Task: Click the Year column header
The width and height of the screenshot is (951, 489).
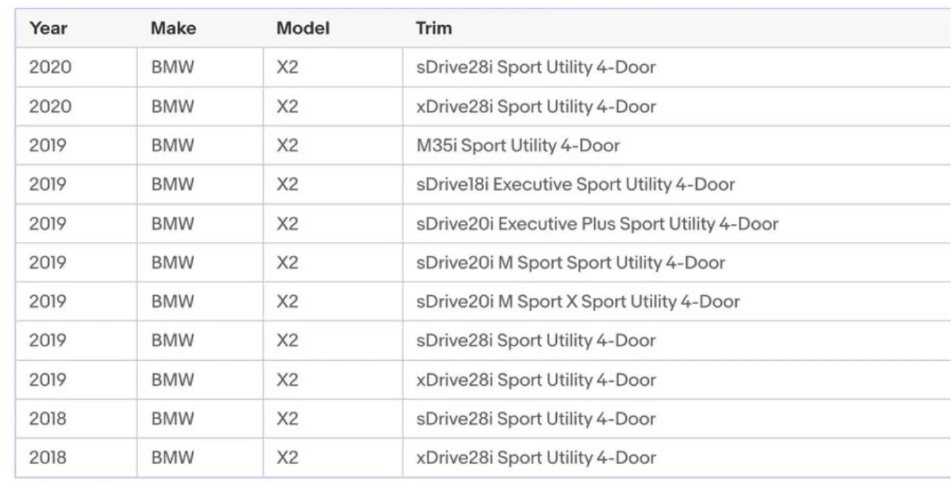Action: click(x=48, y=28)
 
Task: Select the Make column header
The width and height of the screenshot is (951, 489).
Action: click(x=174, y=28)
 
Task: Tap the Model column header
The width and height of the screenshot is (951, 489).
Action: click(x=303, y=28)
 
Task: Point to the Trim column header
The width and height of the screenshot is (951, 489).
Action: click(x=434, y=28)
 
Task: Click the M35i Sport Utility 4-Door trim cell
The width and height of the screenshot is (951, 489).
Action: click(x=518, y=145)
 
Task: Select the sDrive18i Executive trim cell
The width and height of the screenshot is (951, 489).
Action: click(x=576, y=184)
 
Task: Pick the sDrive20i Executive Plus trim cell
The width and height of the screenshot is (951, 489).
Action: click(x=597, y=224)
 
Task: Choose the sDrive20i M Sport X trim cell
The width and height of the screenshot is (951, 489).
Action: click(x=578, y=301)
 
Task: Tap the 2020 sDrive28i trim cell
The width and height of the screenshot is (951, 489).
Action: click(x=536, y=67)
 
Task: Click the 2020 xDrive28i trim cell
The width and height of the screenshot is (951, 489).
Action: click(x=536, y=106)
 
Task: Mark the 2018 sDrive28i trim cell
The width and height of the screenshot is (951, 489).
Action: click(x=536, y=419)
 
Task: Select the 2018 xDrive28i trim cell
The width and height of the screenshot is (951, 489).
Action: click(x=536, y=457)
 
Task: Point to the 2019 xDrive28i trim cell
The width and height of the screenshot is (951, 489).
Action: click(x=536, y=380)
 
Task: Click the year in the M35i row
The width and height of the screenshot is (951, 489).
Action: click(x=48, y=145)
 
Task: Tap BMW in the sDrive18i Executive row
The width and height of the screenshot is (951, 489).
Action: click(x=172, y=184)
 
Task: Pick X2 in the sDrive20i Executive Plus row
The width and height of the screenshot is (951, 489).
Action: click(x=287, y=224)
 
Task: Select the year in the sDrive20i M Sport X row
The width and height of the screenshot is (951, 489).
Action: click(x=48, y=301)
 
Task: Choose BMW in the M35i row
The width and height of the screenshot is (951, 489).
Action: click(x=172, y=145)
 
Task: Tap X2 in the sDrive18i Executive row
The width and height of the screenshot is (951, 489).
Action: click(x=287, y=184)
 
